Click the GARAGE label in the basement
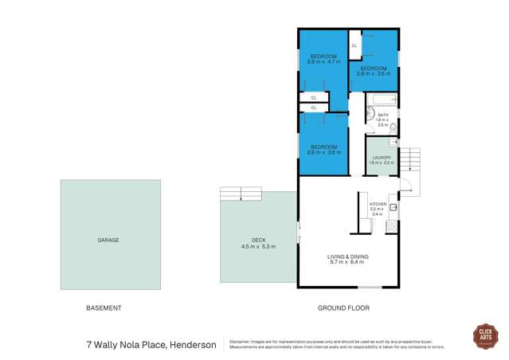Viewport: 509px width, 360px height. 108,239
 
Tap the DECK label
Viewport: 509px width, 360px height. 258,241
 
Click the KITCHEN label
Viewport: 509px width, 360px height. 378,204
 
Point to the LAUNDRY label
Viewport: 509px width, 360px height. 381,158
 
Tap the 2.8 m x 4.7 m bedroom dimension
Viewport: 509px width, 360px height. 323,61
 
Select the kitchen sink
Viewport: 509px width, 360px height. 393,206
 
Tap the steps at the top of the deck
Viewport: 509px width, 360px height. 241,194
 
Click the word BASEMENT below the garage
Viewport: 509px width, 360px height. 104,307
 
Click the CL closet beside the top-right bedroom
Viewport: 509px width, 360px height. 354,45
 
